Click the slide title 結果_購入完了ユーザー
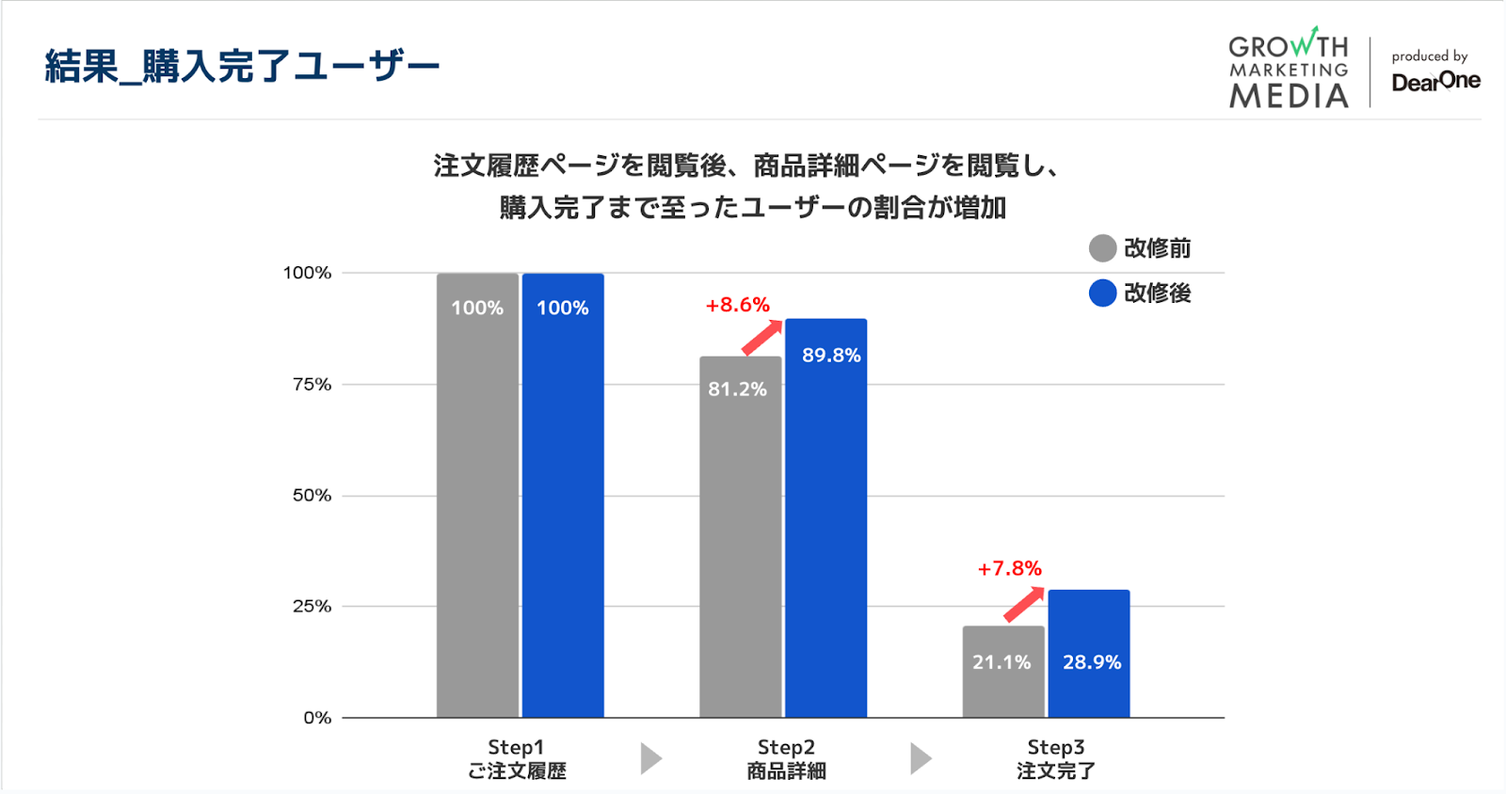coord(242,66)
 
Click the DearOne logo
coord(1435,81)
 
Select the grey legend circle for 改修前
coord(1102,248)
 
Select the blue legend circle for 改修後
coord(1102,293)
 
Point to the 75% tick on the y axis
coord(312,384)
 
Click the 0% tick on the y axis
coord(317,718)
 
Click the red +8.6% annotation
coord(738,305)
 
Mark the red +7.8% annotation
coord(1010,568)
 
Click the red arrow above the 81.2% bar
coord(762,337)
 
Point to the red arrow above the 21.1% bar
coord(1024,604)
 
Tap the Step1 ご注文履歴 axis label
coord(517,759)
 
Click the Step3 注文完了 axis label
coord(1055,759)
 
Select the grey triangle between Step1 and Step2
coord(650,758)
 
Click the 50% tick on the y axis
coord(312,495)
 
